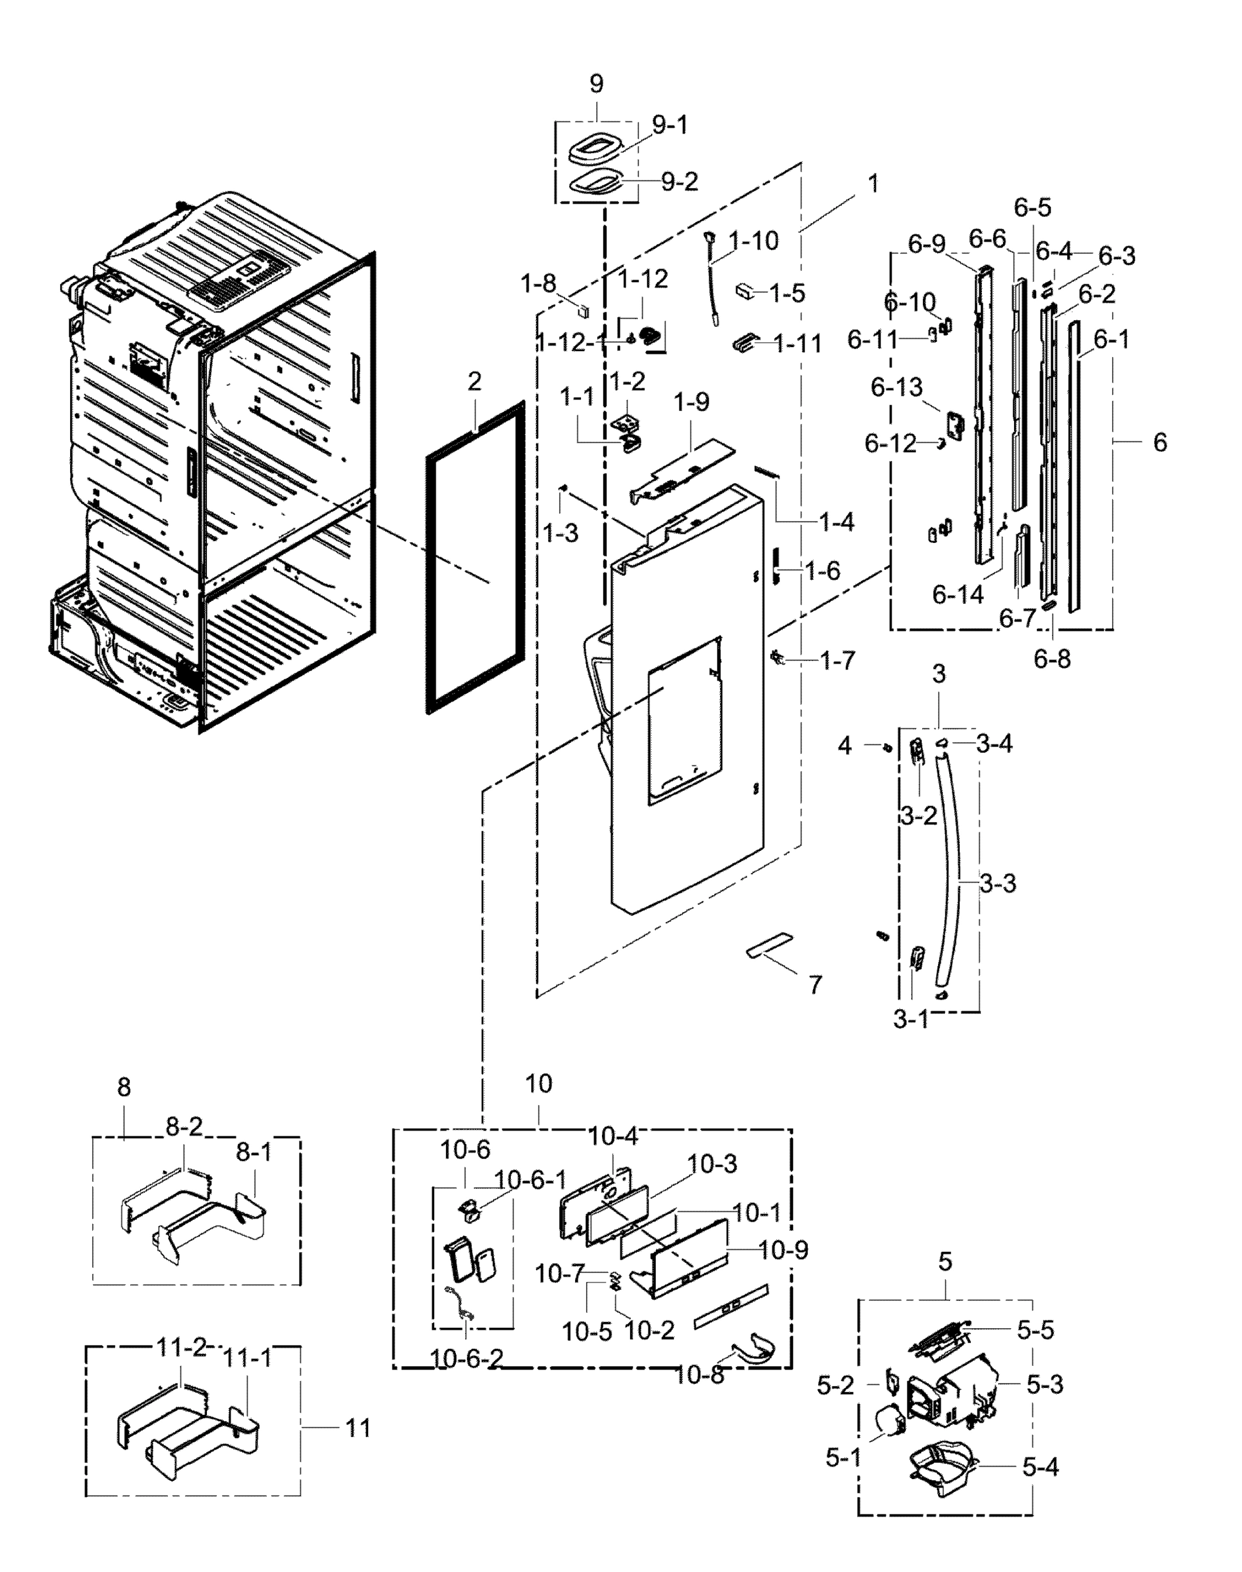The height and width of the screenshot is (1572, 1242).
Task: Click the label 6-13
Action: (896, 388)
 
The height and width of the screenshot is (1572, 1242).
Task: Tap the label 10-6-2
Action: (466, 1358)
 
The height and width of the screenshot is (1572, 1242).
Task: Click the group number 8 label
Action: (124, 1087)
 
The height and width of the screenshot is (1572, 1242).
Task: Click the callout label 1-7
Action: (837, 661)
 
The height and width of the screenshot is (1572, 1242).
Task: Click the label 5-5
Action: (1035, 1330)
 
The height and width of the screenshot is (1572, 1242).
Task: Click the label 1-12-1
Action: (570, 343)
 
